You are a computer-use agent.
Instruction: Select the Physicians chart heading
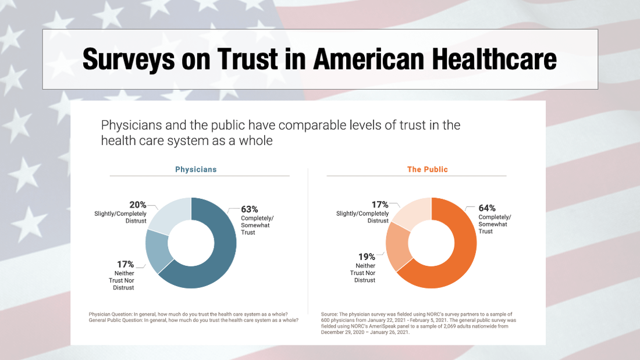196,169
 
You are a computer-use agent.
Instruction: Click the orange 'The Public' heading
428,169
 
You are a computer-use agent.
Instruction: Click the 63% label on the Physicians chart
250,209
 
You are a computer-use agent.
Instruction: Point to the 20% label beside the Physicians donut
138,205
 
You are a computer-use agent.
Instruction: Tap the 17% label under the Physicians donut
125,265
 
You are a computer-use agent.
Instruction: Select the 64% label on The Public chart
487,208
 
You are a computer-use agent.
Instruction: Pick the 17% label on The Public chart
380,204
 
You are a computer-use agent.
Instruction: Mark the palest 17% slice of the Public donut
413,212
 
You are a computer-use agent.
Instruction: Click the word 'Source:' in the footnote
330,315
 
